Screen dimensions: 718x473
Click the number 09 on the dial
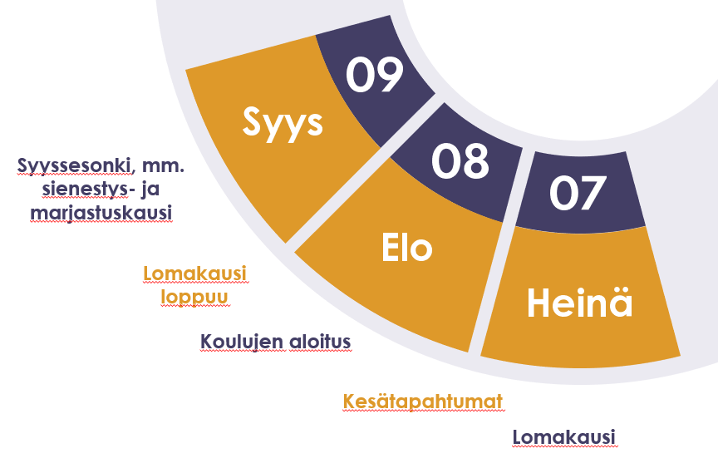375,75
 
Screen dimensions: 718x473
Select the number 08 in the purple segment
460,160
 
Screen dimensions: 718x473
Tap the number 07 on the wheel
578,193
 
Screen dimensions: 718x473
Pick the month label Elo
407,248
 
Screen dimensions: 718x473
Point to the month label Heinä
580,303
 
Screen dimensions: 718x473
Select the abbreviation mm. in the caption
164,165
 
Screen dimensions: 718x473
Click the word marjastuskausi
101,213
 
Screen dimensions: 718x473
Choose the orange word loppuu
194,297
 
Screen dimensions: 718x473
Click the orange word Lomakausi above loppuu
195,273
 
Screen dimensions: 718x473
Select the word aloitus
320,342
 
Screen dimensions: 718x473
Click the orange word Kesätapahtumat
423,402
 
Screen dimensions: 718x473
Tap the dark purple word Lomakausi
563,436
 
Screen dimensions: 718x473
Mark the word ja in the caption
150,189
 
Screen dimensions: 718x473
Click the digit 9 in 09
390,75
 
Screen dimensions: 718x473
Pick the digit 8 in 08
475,160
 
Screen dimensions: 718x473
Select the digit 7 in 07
593,193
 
